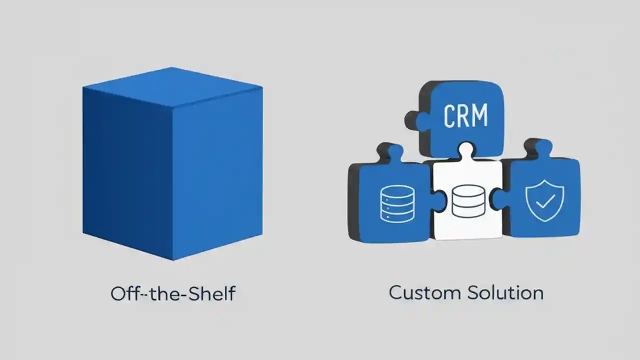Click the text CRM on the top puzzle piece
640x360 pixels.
[465, 116]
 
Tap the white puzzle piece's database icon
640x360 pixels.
[468, 201]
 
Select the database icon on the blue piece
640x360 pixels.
[397, 204]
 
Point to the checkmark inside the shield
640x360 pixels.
[545, 201]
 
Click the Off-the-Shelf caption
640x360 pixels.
[172, 293]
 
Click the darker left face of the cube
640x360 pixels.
[127, 170]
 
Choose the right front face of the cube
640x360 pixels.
[217, 172]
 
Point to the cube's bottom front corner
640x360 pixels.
[173, 259]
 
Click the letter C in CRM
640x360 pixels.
[449, 116]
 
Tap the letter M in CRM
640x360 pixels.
[480, 116]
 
